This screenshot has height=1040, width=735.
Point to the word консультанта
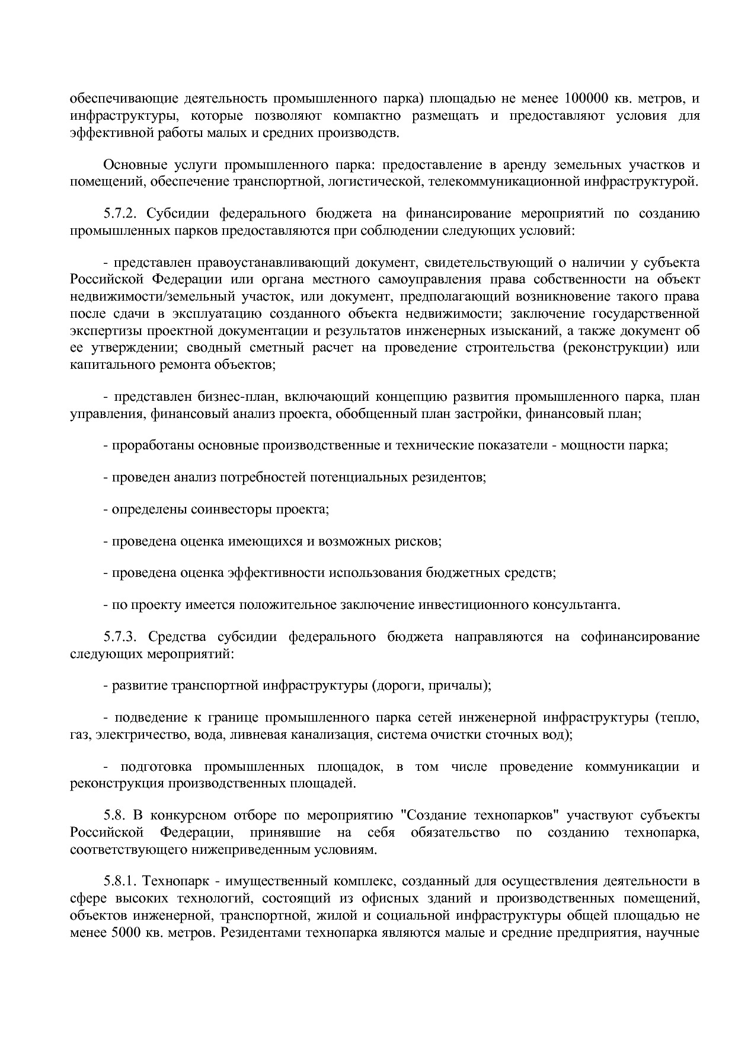click(x=581, y=605)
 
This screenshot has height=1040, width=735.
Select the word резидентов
click(x=449, y=477)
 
